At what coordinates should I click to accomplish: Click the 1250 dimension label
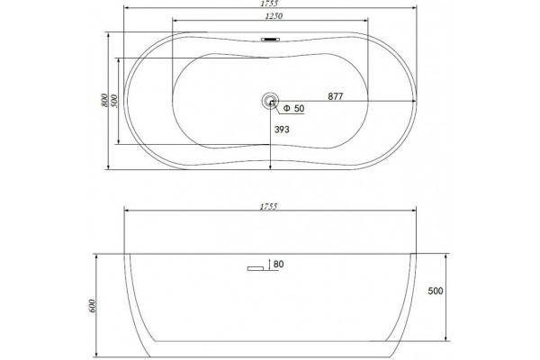click(x=274, y=16)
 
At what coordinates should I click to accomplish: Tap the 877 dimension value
click(x=336, y=96)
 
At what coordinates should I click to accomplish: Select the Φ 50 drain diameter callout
click(x=293, y=109)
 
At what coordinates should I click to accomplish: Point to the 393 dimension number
click(x=282, y=130)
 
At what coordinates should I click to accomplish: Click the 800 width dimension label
click(x=104, y=100)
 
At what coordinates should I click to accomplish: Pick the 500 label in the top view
click(x=114, y=101)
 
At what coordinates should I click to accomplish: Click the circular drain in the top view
click(x=270, y=101)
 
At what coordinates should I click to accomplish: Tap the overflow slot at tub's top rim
click(x=270, y=40)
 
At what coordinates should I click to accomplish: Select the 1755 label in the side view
click(x=268, y=207)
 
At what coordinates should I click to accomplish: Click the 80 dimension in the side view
click(x=278, y=265)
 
